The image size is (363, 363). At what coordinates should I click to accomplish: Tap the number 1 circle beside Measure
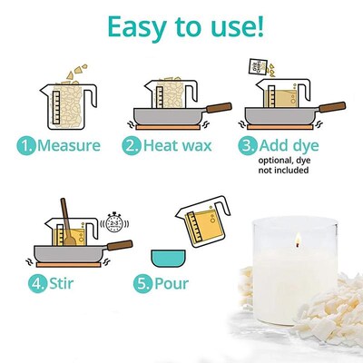(x=25, y=146)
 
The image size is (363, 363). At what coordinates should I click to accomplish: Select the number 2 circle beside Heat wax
(x=132, y=146)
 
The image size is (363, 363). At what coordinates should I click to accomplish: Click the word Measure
(x=72, y=146)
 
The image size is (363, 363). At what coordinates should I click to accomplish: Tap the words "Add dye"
(x=292, y=146)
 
